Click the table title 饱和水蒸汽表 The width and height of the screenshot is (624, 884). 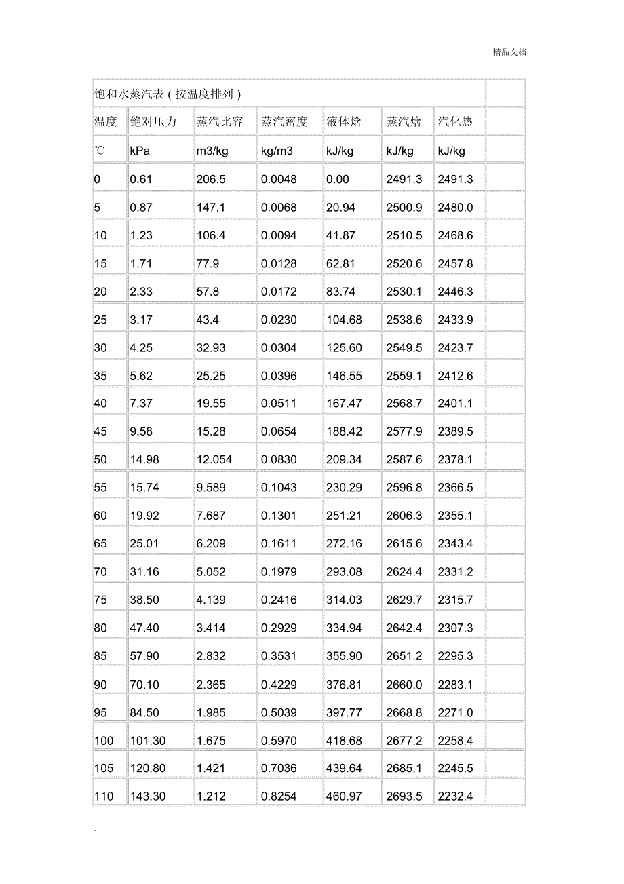[168, 94]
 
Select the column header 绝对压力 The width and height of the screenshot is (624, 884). [153, 122]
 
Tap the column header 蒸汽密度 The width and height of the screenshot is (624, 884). [284, 122]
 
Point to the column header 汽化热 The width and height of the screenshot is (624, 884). [454, 122]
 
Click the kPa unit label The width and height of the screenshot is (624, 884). [140, 151]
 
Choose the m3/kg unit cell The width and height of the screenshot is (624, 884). [212, 151]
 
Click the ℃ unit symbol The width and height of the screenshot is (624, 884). [100, 151]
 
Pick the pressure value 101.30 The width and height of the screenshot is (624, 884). [147, 740]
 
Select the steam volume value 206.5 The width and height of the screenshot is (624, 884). [211, 179]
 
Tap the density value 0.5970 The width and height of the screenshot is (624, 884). [279, 740]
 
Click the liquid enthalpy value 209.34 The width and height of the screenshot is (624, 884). [345, 459]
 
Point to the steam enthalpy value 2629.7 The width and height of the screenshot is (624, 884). [404, 600]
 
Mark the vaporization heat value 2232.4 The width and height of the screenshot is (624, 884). [455, 796]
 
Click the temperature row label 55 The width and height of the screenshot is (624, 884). [100, 487]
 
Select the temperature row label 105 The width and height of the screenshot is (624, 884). [104, 768]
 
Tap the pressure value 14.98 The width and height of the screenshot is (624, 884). [144, 459]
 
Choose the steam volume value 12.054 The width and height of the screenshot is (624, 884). [214, 459]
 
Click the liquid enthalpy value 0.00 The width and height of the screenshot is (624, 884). [338, 179]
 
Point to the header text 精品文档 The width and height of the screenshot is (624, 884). [509, 52]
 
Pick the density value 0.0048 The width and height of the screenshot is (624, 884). [279, 179]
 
